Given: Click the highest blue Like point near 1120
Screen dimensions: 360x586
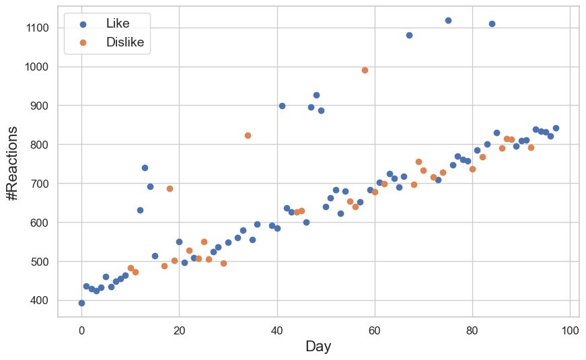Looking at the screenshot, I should [x=448, y=20].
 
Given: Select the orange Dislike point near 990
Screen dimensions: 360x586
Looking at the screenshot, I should [x=365, y=70].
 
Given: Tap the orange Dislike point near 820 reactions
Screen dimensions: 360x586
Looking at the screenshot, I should [x=248, y=135].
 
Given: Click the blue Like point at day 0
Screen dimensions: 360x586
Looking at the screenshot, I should [x=81, y=303].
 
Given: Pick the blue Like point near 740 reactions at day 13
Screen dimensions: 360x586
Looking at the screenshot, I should [x=145, y=168].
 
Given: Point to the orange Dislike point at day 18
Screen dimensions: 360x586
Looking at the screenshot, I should [x=170, y=188].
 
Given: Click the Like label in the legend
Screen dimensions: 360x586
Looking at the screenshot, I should [x=118, y=24].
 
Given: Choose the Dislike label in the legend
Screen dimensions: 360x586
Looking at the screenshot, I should [x=124, y=42].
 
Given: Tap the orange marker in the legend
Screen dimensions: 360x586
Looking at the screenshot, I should [x=83, y=42].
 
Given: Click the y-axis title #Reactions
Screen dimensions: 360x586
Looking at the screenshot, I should [x=11, y=162].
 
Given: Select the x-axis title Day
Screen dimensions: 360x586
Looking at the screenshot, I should [x=318, y=347].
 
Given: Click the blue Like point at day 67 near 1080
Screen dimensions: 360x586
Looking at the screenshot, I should [x=409, y=35].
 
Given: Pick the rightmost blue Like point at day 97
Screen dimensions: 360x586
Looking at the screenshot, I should [x=556, y=128].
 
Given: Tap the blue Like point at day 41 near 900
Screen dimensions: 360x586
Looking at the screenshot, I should [x=282, y=106].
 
